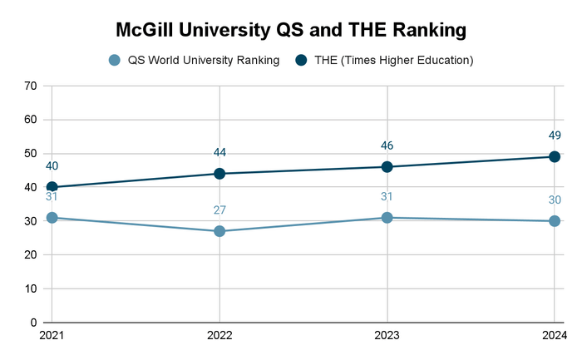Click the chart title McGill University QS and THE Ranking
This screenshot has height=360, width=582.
point(291,31)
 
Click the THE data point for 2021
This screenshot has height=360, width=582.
point(52,187)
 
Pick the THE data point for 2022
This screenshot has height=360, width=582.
point(219,174)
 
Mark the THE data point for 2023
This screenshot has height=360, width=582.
point(387,167)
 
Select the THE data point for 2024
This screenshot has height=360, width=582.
point(555,156)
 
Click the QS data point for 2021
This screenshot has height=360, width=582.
point(52,218)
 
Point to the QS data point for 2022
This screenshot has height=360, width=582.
point(219,231)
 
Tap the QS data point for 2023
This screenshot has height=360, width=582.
point(387,218)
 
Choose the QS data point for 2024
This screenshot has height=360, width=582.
point(555,221)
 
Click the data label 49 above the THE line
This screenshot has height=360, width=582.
point(555,136)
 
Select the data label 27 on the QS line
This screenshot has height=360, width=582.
point(219,210)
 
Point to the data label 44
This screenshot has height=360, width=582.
point(219,152)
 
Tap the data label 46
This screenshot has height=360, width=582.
point(387,145)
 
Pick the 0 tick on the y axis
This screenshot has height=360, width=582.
point(33,323)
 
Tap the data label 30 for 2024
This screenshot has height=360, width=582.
point(555,200)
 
